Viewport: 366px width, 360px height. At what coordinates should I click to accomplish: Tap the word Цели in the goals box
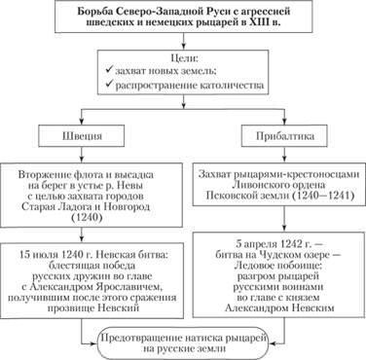point(182,58)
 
